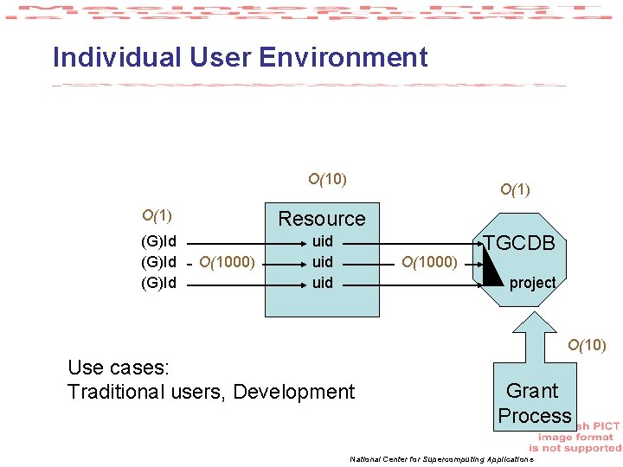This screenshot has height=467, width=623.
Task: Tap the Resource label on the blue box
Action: tap(321, 219)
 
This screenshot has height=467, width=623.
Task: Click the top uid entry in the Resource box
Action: tap(323, 241)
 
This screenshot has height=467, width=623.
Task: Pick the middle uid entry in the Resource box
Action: tap(323, 261)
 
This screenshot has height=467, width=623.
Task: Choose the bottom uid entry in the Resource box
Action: tap(323, 282)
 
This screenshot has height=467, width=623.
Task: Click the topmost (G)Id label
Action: tap(158, 241)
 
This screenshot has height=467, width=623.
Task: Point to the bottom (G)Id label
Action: tap(158, 282)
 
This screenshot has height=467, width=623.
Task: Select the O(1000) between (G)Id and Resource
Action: tap(227, 262)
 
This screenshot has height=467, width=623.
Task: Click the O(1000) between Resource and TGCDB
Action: tap(430, 262)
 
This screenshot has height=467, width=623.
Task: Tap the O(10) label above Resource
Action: tap(328, 180)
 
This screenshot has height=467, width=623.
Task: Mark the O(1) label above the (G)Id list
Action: tap(157, 215)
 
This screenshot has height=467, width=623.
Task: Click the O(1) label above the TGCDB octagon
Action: tap(516, 189)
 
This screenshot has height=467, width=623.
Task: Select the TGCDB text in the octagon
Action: tap(519, 243)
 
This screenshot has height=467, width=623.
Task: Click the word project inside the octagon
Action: tap(532, 283)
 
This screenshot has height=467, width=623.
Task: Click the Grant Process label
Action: tap(534, 403)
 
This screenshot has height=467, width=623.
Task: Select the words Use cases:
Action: tap(118, 368)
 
